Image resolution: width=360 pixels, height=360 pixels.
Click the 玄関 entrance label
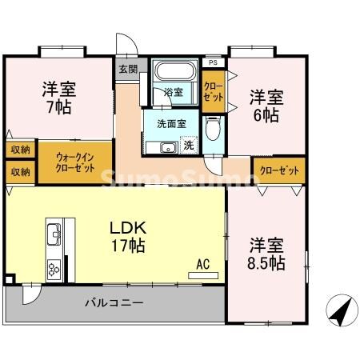pyautogui.click(x=128, y=69)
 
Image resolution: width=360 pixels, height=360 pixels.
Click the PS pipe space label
pyautogui.click(x=212, y=62)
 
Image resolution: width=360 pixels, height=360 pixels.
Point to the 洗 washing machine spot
pyautogui.click(x=189, y=145)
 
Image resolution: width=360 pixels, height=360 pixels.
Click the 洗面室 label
pyautogui.click(x=171, y=124)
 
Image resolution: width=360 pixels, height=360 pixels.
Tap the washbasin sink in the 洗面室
pyautogui.click(x=168, y=148)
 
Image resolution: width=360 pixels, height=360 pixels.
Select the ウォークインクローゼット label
pyautogui.click(x=78, y=162)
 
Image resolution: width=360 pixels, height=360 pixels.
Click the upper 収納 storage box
pyautogui.click(x=20, y=150)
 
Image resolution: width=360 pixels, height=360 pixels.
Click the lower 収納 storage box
pyautogui.click(x=20, y=171)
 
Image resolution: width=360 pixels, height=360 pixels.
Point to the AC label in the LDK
pyautogui.click(x=202, y=262)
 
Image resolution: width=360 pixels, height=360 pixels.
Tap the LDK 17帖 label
pyautogui.click(x=128, y=237)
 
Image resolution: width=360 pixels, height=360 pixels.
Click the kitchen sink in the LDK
pyautogui.click(x=54, y=234)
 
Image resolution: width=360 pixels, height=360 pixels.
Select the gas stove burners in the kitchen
pyautogui.click(x=54, y=266)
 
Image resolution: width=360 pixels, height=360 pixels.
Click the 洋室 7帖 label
pyautogui.click(x=58, y=97)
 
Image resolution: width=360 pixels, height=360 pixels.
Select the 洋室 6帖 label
pyautogui.click(x=264, y=106)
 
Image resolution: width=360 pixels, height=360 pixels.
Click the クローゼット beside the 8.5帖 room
pyautogui.click(x=280, y=170)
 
